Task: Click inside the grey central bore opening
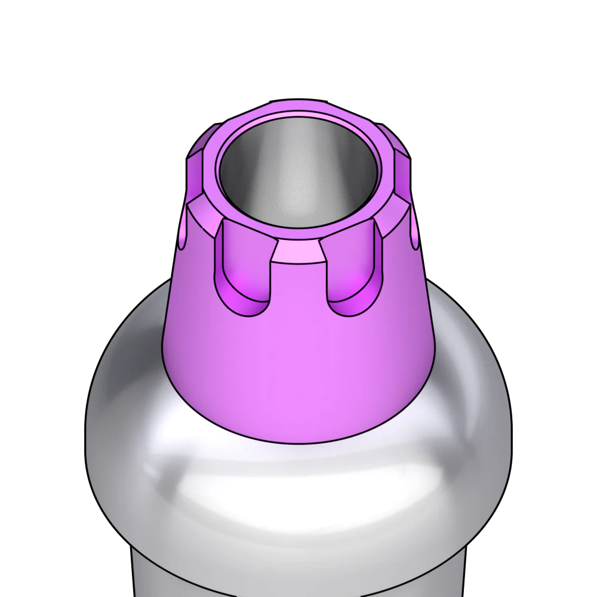point(298,173)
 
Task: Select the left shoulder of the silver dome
point(119,406)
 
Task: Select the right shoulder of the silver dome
point(478,406)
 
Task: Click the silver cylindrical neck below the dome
point(298,579)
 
